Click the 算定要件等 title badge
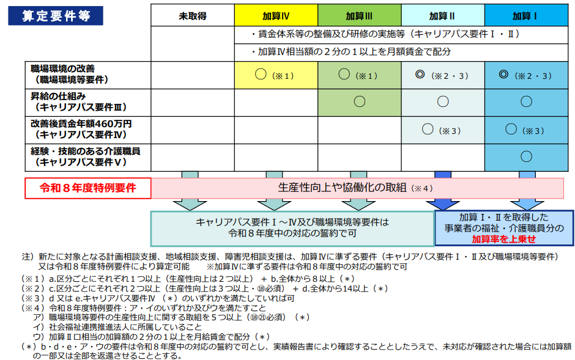click(x=56, y=16)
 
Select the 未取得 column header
click(x=193, y=15)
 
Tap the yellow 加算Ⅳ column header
click(x=276, y=15)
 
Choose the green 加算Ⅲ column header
click(x=360, y=15)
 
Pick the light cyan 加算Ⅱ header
click(x=443, y=15)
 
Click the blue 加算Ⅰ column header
click(x=526, y=15)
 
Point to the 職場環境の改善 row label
click(x=70, y=74)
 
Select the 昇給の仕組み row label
click(x=79, y=102)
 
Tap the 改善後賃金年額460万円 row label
click(x=81, y=130)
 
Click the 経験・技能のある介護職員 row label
click(x=85, y=156)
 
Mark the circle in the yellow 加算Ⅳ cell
click(x=261, y=75)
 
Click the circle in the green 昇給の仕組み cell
click(x=360, y=101)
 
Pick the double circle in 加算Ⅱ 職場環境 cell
click(x=420, y=75)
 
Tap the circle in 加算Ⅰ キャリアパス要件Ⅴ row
click(x=526, y=156)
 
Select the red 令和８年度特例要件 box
click(x=88, y=188)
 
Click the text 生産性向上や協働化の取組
click(x=342, y=188)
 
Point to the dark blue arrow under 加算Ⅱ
click(x=443, y=191)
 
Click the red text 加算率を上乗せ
click(x=504, y=239)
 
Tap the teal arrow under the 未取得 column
click(x=190, y=191)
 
